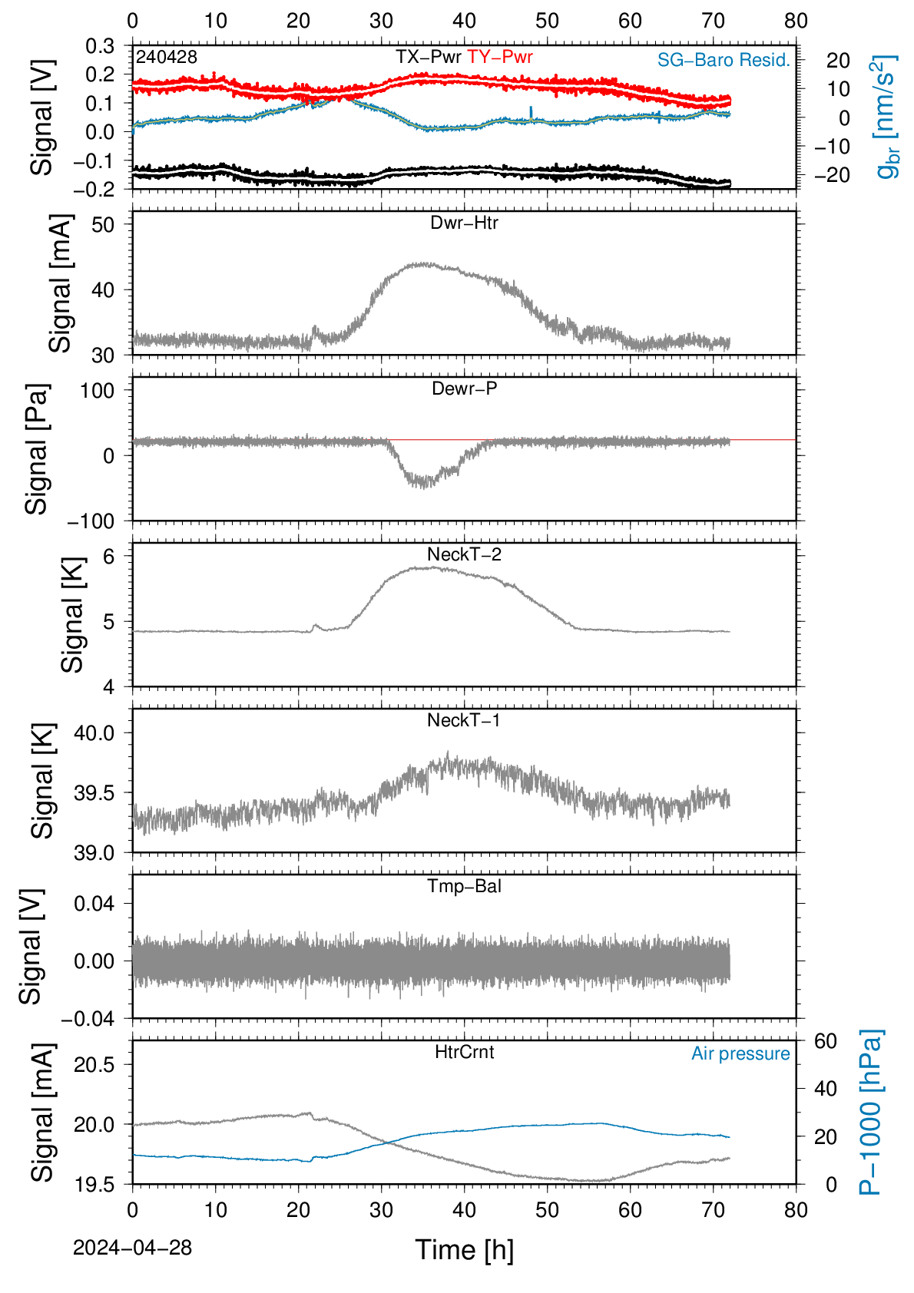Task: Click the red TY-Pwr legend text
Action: [x=499, y=57]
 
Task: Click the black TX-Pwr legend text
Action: [x=428, y=57]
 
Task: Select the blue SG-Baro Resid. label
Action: [x=724, y=60]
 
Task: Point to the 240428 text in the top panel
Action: [x=167, y=57]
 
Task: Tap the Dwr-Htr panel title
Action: [x=464, y=223]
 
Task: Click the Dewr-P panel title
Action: [x=464, y=389]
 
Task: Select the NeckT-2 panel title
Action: [x=464, y=554]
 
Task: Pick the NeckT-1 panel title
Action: [x=464, y=719]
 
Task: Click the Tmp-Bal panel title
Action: [x=464, y=886]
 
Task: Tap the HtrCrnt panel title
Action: [x=464, y=1052]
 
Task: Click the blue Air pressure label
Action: [x=740, y=1054]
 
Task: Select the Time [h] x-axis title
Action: [x=464, y=1251]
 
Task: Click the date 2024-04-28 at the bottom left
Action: [x=132, y=1248]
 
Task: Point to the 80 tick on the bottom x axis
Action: [x=796, y=1210]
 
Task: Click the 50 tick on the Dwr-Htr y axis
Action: [x=103, y=224]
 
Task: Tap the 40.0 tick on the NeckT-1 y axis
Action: [x=94, y=733]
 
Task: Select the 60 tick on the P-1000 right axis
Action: [x=826, y=1041]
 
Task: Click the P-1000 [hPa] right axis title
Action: [x=871, y=1113]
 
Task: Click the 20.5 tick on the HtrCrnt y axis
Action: [x=94, y=1065]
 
